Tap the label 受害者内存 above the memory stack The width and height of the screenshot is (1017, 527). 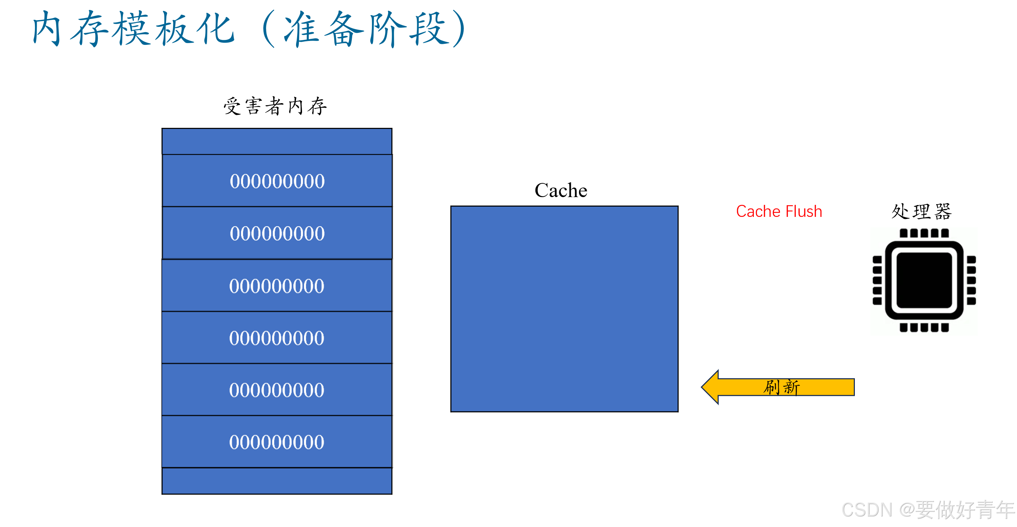pyautogui.click(x=275, y=106)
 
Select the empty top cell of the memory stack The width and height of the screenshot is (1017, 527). pyautogui.click(x=277, y=141)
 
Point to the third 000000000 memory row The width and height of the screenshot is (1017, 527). pyautogui.click(x=277, y=286)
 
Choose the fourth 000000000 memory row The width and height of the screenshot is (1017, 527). pyautogui.click(x=277, y=338)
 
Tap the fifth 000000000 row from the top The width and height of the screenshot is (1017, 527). pyautogui.click(x=277, y=390)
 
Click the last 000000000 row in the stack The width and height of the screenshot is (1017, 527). pyautogui.click(x=277, y=442)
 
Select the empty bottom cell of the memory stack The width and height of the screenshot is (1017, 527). pyautogui.click(x=277, y=481)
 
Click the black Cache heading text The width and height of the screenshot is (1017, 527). pyautogui.click(x=561, y=191)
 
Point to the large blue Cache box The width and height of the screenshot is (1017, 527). pyautogui.click(x=564, y=309)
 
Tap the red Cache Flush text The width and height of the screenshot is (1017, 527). pyautogui.click(x=779, y=212)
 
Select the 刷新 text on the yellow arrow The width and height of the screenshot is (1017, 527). pyautogui.click(x=782, y=387)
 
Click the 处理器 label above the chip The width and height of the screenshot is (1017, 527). pyautogui.click(x=922, y=212)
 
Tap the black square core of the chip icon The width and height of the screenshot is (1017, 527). pyautogui.click(x=924, y=280)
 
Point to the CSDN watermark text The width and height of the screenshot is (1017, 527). pyautogui.click(x=928, y=510)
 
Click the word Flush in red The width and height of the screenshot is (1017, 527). pyautogui.click(x=804, y=212)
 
